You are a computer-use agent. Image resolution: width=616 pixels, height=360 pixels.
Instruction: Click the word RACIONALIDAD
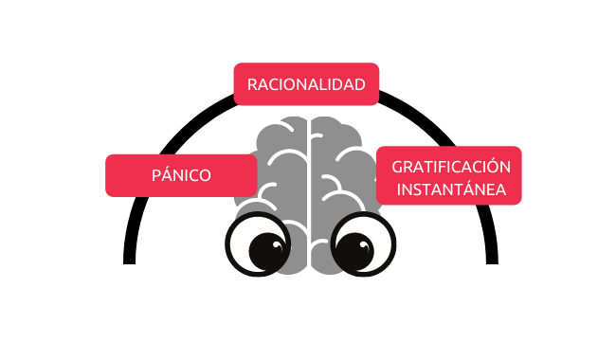[x=306, y=85]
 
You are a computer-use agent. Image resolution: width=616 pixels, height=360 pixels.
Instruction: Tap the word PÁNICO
[x=181, y=174]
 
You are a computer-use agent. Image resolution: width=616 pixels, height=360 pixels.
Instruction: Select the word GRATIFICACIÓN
[x=451, y=166]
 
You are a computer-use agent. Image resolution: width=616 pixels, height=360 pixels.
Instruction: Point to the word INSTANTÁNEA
[x=451, y=189]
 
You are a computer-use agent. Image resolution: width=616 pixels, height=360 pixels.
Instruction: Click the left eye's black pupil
[x=268, y=251]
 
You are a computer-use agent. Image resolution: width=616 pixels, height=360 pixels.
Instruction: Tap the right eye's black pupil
[x=354, y=251]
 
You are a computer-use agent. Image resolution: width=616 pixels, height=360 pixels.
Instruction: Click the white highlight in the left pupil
[x=277, y=245]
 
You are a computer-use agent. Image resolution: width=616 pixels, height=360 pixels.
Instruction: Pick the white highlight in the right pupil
[x=364, y=245]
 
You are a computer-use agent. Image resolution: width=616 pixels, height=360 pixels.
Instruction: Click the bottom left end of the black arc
[x=129, y=262]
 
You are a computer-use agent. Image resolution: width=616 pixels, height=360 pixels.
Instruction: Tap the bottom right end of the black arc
[x=492, y=262]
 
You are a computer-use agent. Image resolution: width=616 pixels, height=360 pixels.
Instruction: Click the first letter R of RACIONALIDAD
[x=252, y=85]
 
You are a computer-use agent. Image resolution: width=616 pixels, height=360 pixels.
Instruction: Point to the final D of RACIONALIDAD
[x=359, y=85]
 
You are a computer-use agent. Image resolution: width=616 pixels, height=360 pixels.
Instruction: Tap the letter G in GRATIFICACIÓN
[x=397, y=168]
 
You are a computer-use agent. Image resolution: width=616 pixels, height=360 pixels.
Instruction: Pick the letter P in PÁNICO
[x=156, y=175]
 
